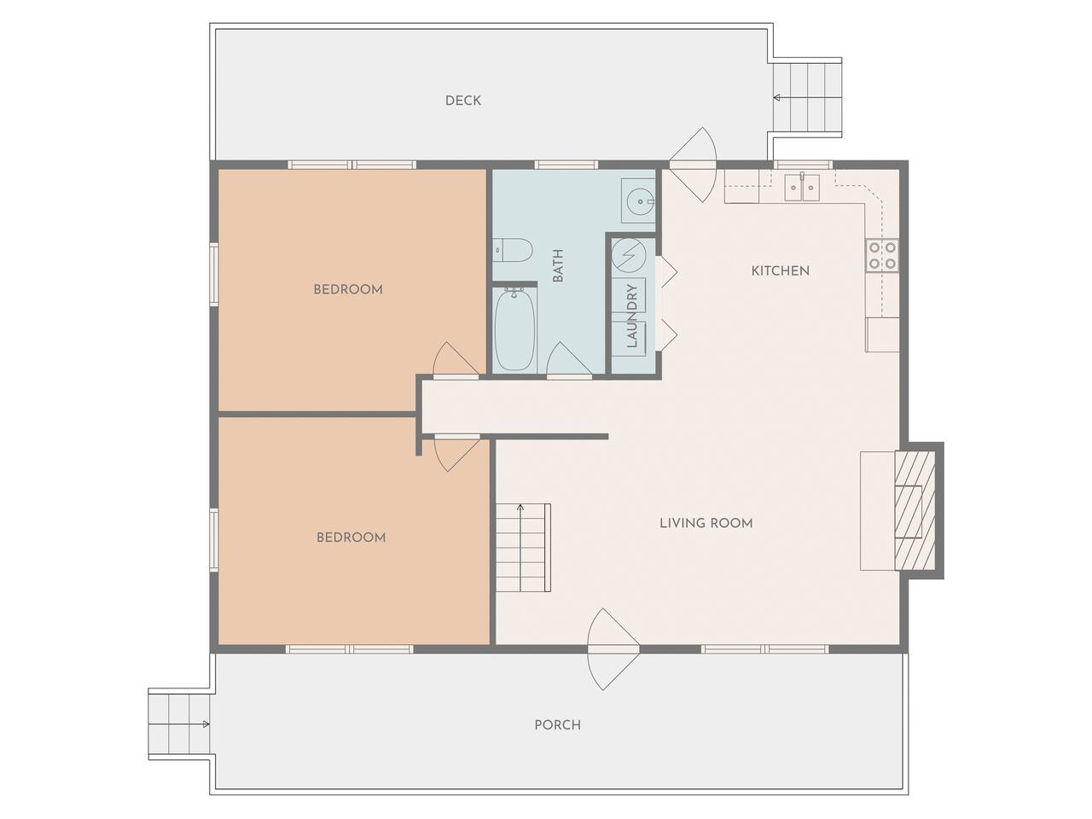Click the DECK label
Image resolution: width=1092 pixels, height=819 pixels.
click(462, 101)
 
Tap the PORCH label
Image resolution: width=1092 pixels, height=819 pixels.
click(558, 725)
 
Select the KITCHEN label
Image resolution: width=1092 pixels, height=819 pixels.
click(780, 271)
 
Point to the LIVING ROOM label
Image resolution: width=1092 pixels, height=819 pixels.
click(706, 523)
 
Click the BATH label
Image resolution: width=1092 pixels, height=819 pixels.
click(558, 266)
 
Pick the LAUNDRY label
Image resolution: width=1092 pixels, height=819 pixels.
click(632, 316)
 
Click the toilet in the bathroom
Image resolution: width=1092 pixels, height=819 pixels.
click(513, 251)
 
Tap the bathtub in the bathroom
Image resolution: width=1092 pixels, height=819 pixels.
click(515, 329)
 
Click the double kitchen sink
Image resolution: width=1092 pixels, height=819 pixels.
click(802, 188)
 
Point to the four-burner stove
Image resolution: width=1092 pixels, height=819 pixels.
click(882, 255)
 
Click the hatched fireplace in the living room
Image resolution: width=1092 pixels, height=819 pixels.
click(915, 510)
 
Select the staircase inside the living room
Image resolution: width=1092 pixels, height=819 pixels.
click(523, 548)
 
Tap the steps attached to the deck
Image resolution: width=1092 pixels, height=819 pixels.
click(807, 98)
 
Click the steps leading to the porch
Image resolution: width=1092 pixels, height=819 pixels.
click(180, 724)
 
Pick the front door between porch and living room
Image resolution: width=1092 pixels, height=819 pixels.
click(613, 649)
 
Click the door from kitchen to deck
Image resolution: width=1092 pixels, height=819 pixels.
click(692, 165)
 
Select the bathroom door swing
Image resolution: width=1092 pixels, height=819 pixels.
click(569, 359)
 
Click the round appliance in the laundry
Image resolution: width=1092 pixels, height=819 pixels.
click(629, 256)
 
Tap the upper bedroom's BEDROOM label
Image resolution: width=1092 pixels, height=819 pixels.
click(348, 289)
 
